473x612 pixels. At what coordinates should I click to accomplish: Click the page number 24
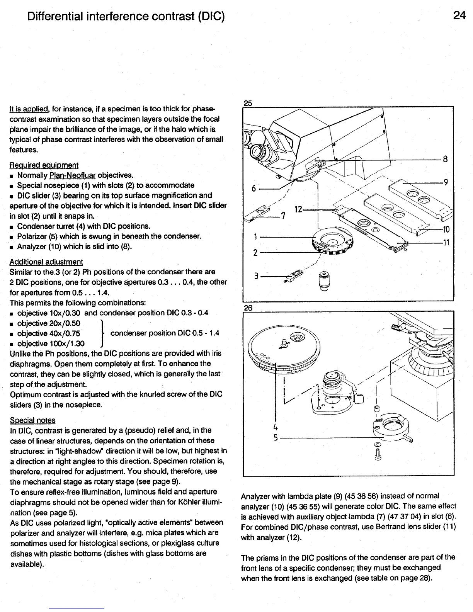pyautogui.click(x=459, y=16)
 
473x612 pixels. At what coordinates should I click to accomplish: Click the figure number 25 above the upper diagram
pyautogui.click(x=248, y=103)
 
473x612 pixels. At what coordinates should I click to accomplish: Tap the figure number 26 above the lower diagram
pyautogui.click(x=248, y=307)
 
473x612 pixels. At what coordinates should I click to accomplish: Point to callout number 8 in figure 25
pyautogui.click(x=445, y=159)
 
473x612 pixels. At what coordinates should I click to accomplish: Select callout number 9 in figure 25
pyautogui.click(x=445, y=183)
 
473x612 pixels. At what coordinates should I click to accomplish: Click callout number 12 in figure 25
pyautogui.click(x=298, y=210)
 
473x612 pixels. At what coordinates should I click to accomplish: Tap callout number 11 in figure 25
pyautogui.click(x=446, y=243)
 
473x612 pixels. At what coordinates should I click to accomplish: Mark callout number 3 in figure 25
pyautogui.click(x=256, y=276)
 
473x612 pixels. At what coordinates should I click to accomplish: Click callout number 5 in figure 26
pyautogui.click(x=276, y=439)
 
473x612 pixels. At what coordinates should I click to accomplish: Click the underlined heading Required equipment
pyautogui.click(x=44, y=165)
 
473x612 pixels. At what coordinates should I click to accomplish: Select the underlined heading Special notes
pyautogui.click(x=32, y=420)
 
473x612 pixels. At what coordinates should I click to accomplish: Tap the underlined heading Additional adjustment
pyautogui.click(x=46, y=262)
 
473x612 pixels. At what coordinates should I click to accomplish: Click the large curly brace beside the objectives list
pyautogui.click(x=101, y=333)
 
